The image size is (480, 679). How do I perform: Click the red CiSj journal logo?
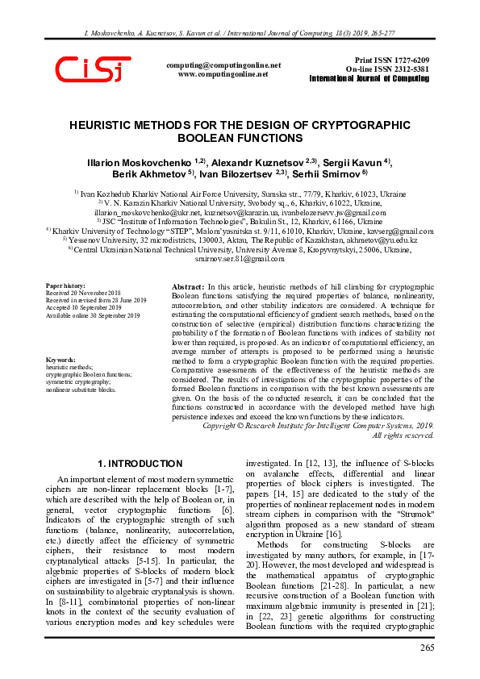point(94,70)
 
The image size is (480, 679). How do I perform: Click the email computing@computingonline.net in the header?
point(223,65)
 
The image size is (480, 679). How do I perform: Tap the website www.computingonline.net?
point(223,73)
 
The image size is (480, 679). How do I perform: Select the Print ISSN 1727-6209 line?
point(391,60)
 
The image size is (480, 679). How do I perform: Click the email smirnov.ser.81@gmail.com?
point(240,236)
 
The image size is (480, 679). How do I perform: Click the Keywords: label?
point(61,360)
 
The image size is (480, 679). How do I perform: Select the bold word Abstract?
point(189,287)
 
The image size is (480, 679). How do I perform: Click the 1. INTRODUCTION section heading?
point(140,464)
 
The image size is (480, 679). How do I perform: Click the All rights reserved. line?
point(403,435)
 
